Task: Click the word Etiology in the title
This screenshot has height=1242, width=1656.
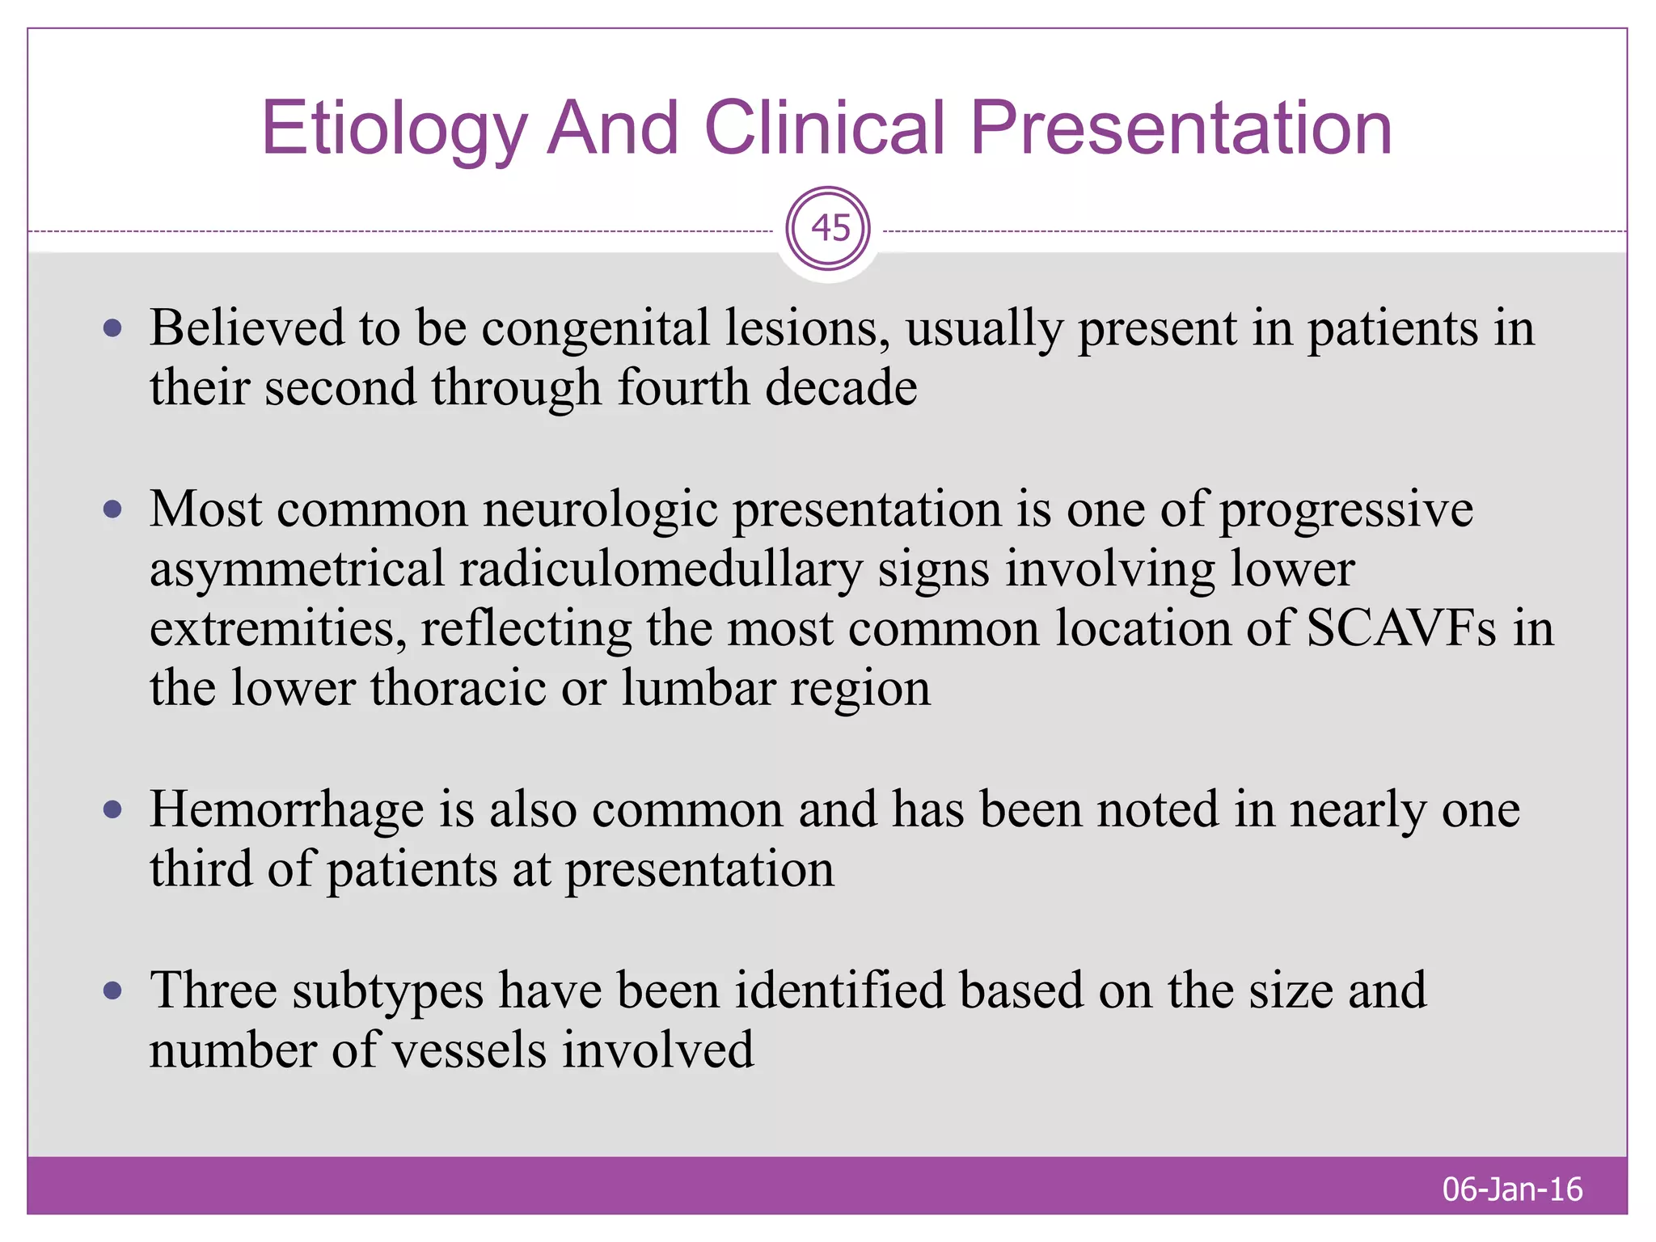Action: pyautogui.click(x=394, y=129)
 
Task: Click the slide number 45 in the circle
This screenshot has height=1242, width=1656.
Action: pyautogui.click(x=830, y=228)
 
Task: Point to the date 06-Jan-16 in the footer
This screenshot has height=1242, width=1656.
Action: pyautogui.click(x=1512, y=1189)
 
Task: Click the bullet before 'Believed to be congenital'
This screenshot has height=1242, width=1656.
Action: pyautogui.click(x=112, y=328)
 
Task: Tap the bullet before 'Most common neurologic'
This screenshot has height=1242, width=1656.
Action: pyautogui.click(x=112, y=509)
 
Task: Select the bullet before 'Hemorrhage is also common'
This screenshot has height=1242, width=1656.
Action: pyautogui.click(x=112, y=809)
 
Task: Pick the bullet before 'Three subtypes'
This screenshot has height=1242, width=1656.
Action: pyautogui.click(x=112, y=991)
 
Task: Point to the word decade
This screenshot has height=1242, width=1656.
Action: pyautogui.click(x=841, y=387)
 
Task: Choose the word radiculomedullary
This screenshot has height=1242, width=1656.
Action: pyautogui.click(x=661, y=569)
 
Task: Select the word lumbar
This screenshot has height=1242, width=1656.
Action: pyautogui.click(x=699, y=689)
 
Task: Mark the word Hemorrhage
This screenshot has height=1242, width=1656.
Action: pyautogui.click(x=287, y=809)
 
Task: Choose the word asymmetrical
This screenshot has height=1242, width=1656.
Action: pyautogui.click(x=297, y=571)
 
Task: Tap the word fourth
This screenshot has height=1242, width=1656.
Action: pyautogui.click(x=683, y=387)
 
